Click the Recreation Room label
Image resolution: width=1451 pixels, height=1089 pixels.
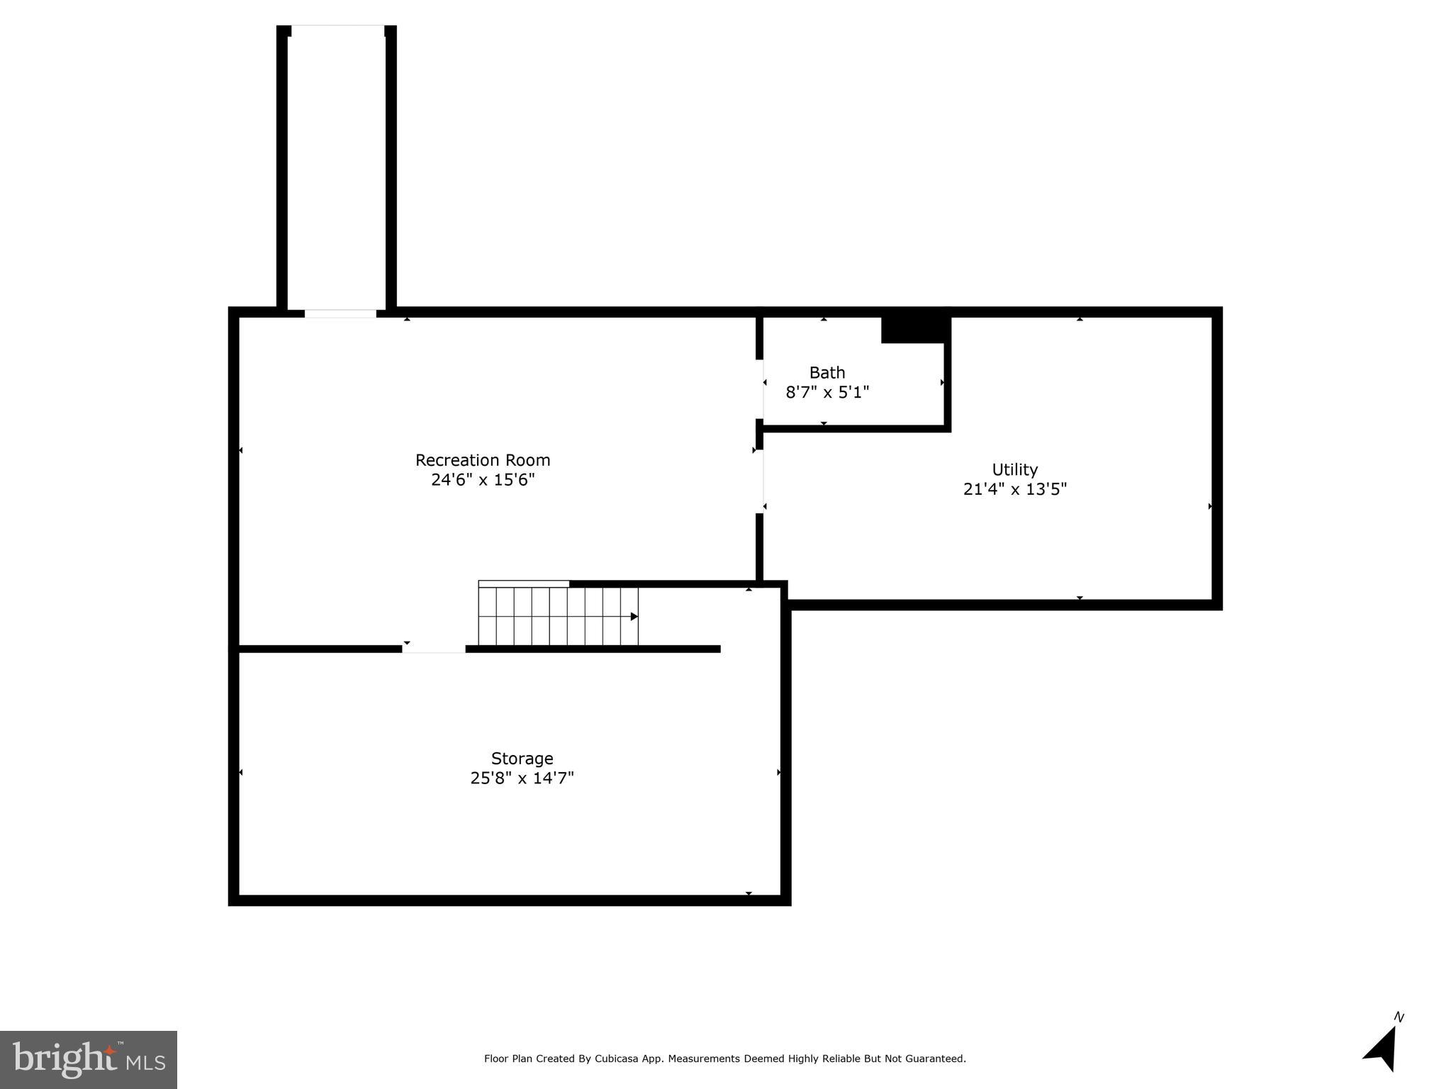click(483, 460)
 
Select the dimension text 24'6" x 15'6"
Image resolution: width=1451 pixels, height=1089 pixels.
click(483, 480)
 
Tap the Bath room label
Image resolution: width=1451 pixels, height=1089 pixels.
click(827, 372)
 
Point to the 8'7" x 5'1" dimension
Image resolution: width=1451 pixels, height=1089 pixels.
click(827, 392)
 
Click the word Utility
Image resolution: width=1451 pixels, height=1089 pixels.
click(1014, 469)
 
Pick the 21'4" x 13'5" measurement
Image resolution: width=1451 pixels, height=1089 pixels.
click(1014, 489)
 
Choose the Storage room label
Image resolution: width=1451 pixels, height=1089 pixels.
click(522, 759)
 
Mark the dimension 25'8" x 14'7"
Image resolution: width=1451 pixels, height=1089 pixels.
click(522, 778)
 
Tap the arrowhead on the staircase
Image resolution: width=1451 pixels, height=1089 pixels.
click(634, 617)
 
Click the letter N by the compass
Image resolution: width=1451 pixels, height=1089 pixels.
click(1399, 1017)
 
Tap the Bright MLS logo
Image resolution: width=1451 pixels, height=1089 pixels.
click(89, 1059)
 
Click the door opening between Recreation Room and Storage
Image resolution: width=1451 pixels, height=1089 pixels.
click(434, 649)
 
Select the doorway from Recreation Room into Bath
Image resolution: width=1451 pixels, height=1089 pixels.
click(760, 389)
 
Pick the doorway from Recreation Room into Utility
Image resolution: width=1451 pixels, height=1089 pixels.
click(760, 481)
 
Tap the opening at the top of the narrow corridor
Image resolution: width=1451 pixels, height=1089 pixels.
click(338, 30)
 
